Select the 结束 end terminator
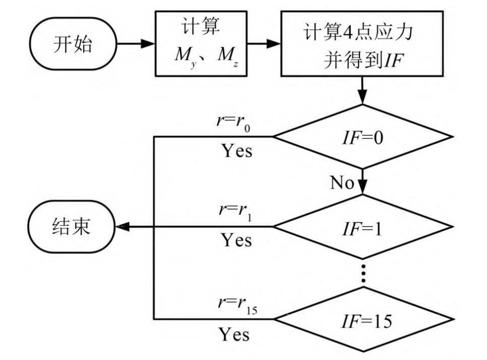[x=72, y=227]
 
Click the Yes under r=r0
[x=236, y=150]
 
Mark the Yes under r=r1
[x=236, y=241]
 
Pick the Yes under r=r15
[x=234, y=333]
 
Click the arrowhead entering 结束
[x=121, y=227]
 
